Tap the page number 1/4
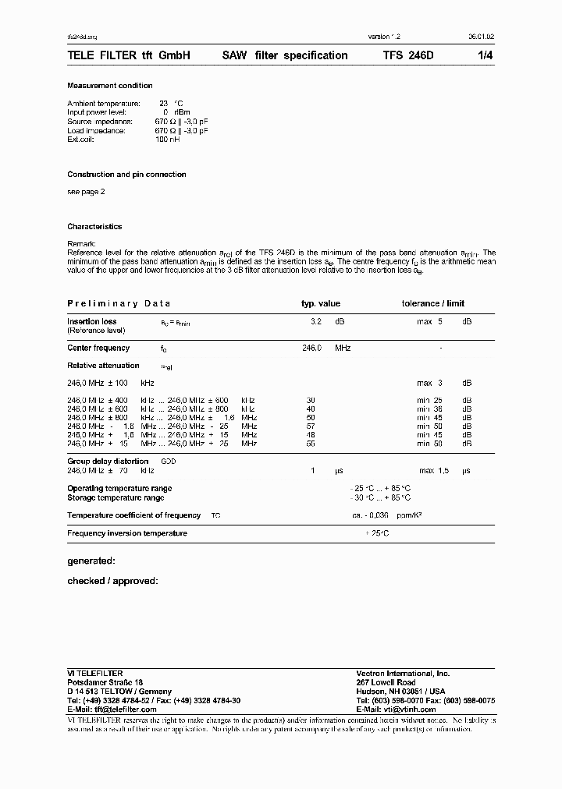click(485, 55)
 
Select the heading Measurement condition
click(110, 86)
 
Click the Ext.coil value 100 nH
click(168, 140)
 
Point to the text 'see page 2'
click(86, 191)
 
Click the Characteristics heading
click(94, 227)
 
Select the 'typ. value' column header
click(321, 303)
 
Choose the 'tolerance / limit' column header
click(433, 303)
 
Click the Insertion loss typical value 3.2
click(316, 321)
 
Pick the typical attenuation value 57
click(311, 427)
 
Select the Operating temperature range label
click(119, 489)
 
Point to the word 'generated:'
click(91, 561)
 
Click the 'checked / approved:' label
click(112, 581)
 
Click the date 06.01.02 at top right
click(480, 37)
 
